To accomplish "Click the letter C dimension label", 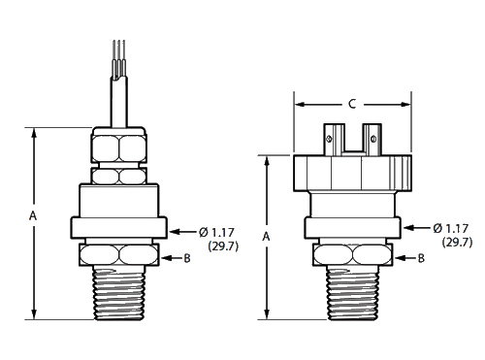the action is click(352, 104).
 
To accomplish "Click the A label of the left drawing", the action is click(33, 215).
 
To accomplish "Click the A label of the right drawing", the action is click(266, 237).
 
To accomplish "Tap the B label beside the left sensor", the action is click(187, 258).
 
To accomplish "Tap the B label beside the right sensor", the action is click(421, 258).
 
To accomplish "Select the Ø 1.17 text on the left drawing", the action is click(216, 232).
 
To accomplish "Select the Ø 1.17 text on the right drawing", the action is click(451, 228).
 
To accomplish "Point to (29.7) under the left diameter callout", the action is click(223, 246).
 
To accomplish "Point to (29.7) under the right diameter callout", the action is click(457, 243).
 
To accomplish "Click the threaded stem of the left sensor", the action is click(119, 293).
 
